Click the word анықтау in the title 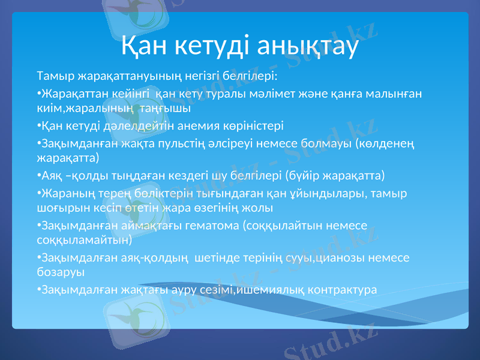[307, 45]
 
